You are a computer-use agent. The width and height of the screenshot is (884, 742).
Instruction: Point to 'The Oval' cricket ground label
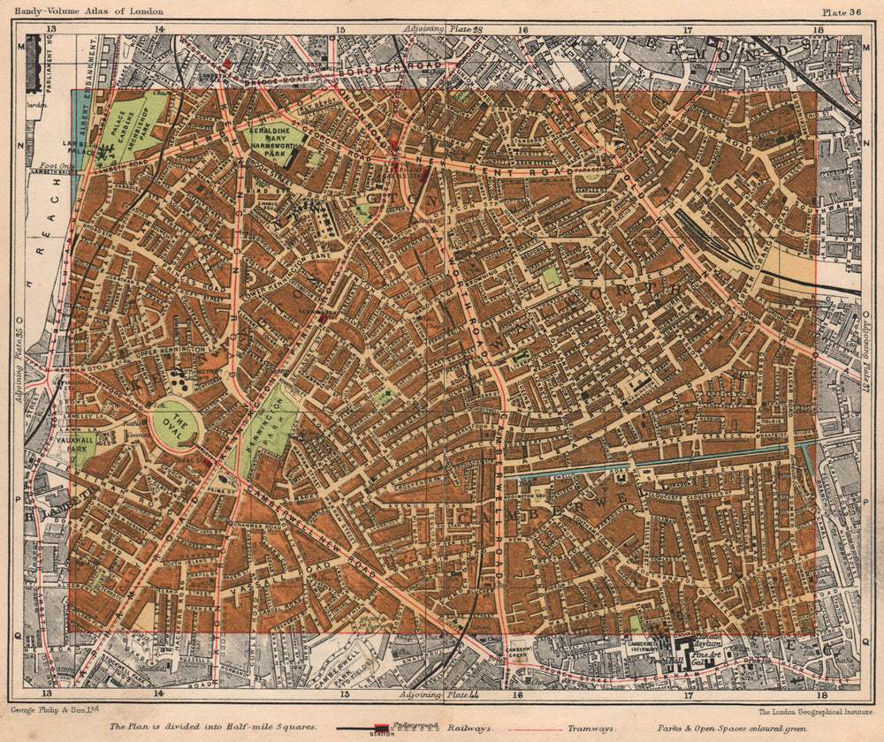click(x=175, y=425)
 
